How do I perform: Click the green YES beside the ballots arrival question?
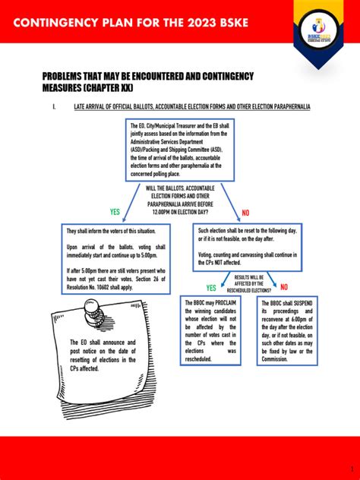coord(115,212)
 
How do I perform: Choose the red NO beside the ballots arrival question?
coord(245,212)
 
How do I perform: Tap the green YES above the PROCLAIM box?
coord(211,288)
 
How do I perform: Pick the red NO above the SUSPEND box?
coord(283,287)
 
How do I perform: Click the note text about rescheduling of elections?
coord(103,355)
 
